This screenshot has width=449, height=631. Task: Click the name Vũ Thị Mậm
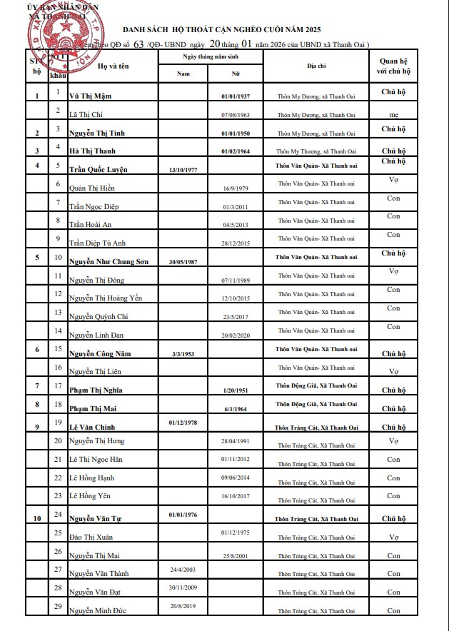click(91, 96)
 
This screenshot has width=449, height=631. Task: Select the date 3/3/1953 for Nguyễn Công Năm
click(183, 353)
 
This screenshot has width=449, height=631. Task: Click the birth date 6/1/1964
click(235, 409)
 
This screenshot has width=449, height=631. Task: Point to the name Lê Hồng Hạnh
click(91, 478)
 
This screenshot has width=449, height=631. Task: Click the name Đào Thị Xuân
click(91, 536)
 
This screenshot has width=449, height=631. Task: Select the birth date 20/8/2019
click(183, 605)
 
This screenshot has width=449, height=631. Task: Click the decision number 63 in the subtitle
click(138, 44)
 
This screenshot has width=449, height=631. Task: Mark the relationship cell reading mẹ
click(393, 114)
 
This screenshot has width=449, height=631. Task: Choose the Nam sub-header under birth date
click(183, 73)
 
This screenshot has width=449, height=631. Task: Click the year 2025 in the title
click(310, 29)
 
